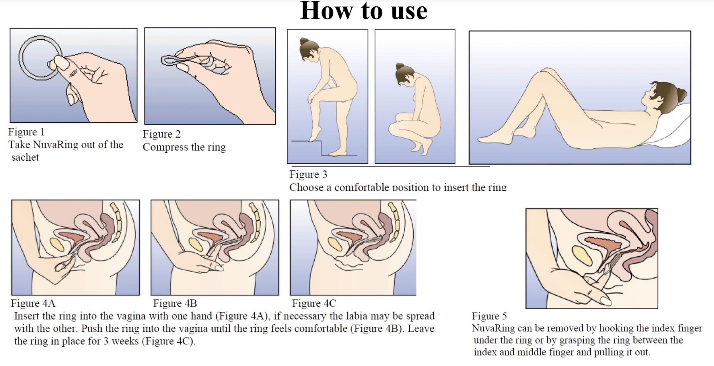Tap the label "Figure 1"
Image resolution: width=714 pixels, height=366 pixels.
tap(26, 132)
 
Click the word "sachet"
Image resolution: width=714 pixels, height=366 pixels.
tap(25, 158)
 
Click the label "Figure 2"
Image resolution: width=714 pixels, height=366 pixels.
tap(161, 134)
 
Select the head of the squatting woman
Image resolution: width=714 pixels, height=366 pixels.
tap(403, 74)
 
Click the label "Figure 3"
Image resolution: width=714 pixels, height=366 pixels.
tap(308, 174)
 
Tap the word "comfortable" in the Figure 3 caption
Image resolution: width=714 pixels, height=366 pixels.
tap(362, 187)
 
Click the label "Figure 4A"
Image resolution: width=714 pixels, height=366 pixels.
tap(33, 303)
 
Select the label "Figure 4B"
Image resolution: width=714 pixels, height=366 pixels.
tap(175, 303)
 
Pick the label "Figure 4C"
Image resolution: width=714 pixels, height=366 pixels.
tap(314, 303)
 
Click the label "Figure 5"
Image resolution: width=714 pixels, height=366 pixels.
tap(489, 316)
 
